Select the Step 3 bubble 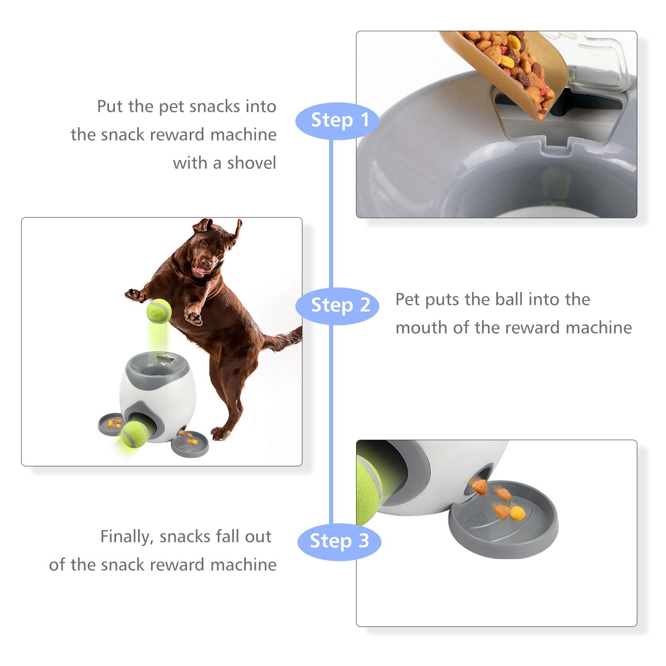pyautogui.click(x=339, y=541)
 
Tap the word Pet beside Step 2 pyautogui.click(x=407, y=300)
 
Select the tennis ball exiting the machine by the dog pyautogui.click(x=133, y=434)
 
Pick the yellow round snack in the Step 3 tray pyautogui.click(x=517, y=513)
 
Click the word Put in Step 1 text pyautogui.click(x=110, y=106)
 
